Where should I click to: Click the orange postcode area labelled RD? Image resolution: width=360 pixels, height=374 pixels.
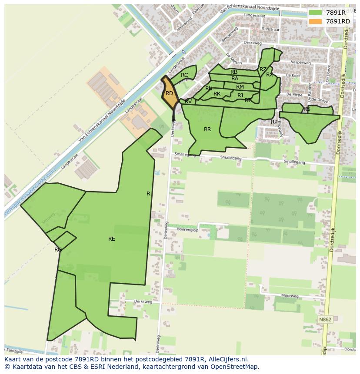[x=170, y=93]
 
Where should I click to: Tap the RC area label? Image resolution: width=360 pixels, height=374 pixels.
[x=184, y=75]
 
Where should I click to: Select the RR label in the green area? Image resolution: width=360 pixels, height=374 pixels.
[x=207, y=129]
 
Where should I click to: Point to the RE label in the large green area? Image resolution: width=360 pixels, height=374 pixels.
[x=112, y=238]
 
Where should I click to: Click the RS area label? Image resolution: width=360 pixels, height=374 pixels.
[x=307, y=109]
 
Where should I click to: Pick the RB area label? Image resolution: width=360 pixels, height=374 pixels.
[x=234, y=72]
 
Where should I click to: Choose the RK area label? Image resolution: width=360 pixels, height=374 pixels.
[x=217, y=94]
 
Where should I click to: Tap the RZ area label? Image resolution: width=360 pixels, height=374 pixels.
[x=263, y=70]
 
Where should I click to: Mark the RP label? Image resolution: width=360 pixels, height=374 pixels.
[x=274, y=122]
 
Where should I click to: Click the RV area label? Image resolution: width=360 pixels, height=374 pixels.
[x=188, y=102]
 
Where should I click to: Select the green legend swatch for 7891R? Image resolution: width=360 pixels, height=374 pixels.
[x=316, y=13]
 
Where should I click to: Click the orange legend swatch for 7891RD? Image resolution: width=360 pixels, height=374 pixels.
[x=316, y=21]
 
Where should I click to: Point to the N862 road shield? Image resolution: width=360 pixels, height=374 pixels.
[x=325, y=319]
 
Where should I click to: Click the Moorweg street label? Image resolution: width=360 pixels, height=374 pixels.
[x=290, y=296]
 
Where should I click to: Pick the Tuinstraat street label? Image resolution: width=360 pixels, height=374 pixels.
[x=270, y=29]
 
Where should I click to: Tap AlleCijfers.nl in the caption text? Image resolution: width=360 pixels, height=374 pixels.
[x=227, y=359]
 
